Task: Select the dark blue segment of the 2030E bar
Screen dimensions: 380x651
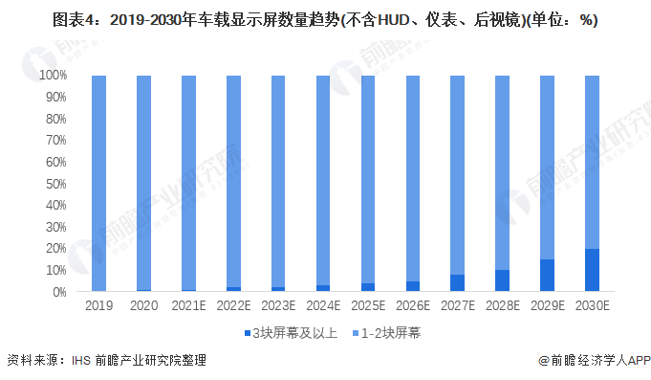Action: click(592, 270)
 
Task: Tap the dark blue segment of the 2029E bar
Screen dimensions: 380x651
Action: click(547, 276)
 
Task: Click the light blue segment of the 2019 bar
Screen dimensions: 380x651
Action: click(98, 182)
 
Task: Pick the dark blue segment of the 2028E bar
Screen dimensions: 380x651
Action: click(502, 280)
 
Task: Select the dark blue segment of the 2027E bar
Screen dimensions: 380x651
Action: click(457, 283)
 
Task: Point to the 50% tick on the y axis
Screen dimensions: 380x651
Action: click(53, 183)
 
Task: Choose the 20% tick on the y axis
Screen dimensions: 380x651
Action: click(53, 248)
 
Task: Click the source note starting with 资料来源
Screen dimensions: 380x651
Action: click(105, 361)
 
